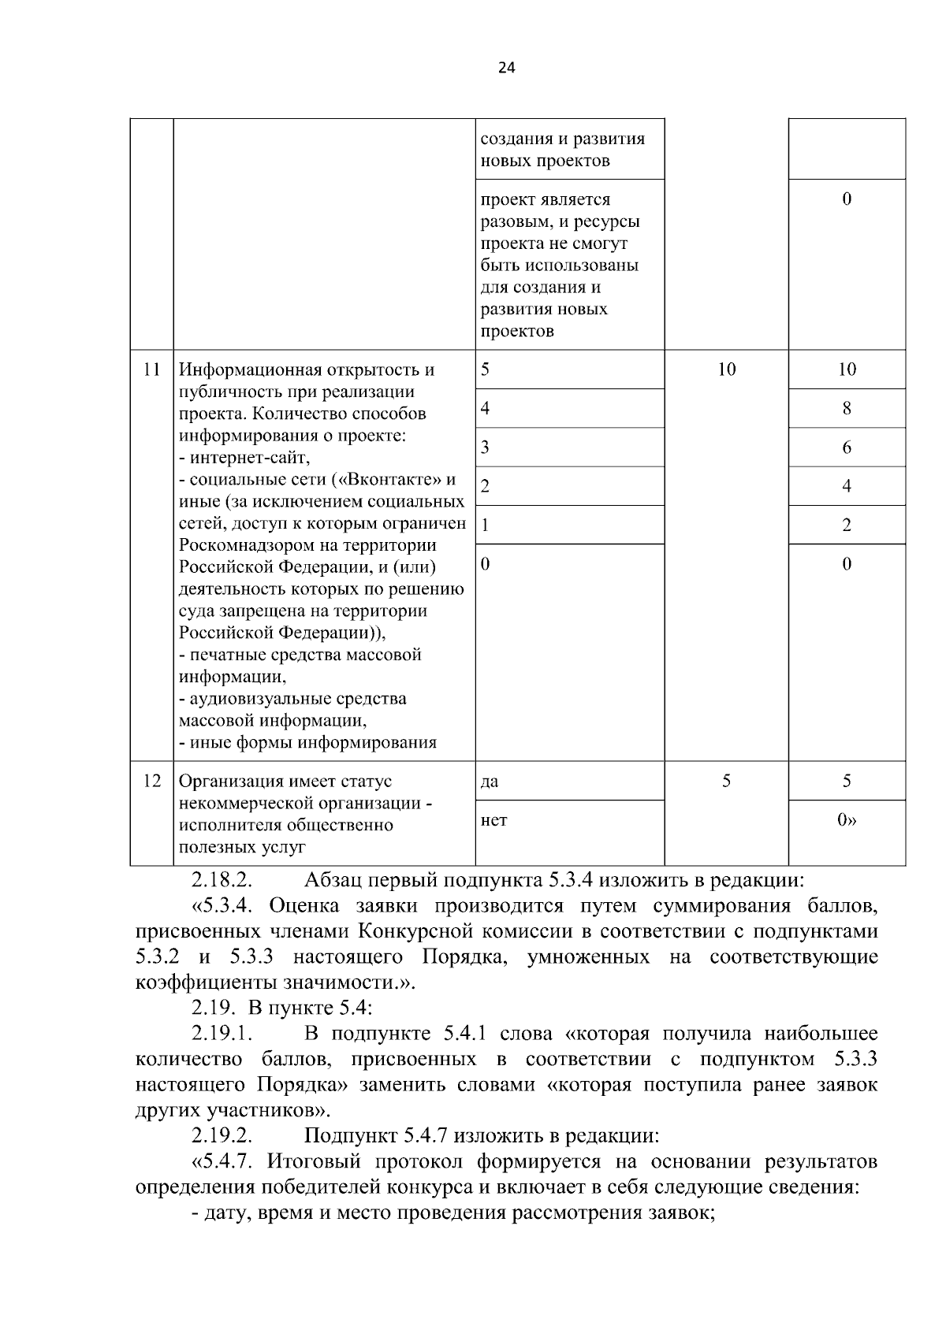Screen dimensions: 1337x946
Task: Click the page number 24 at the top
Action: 506,68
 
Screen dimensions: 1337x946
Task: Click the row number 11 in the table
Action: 151,369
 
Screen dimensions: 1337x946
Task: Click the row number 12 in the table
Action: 151,781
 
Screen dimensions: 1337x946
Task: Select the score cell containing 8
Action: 847,408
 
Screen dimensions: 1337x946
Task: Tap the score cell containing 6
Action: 847,448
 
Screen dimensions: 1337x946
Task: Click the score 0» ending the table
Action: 847,820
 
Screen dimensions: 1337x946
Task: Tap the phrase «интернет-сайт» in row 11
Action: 248,458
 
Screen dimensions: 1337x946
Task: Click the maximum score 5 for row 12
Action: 726,781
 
